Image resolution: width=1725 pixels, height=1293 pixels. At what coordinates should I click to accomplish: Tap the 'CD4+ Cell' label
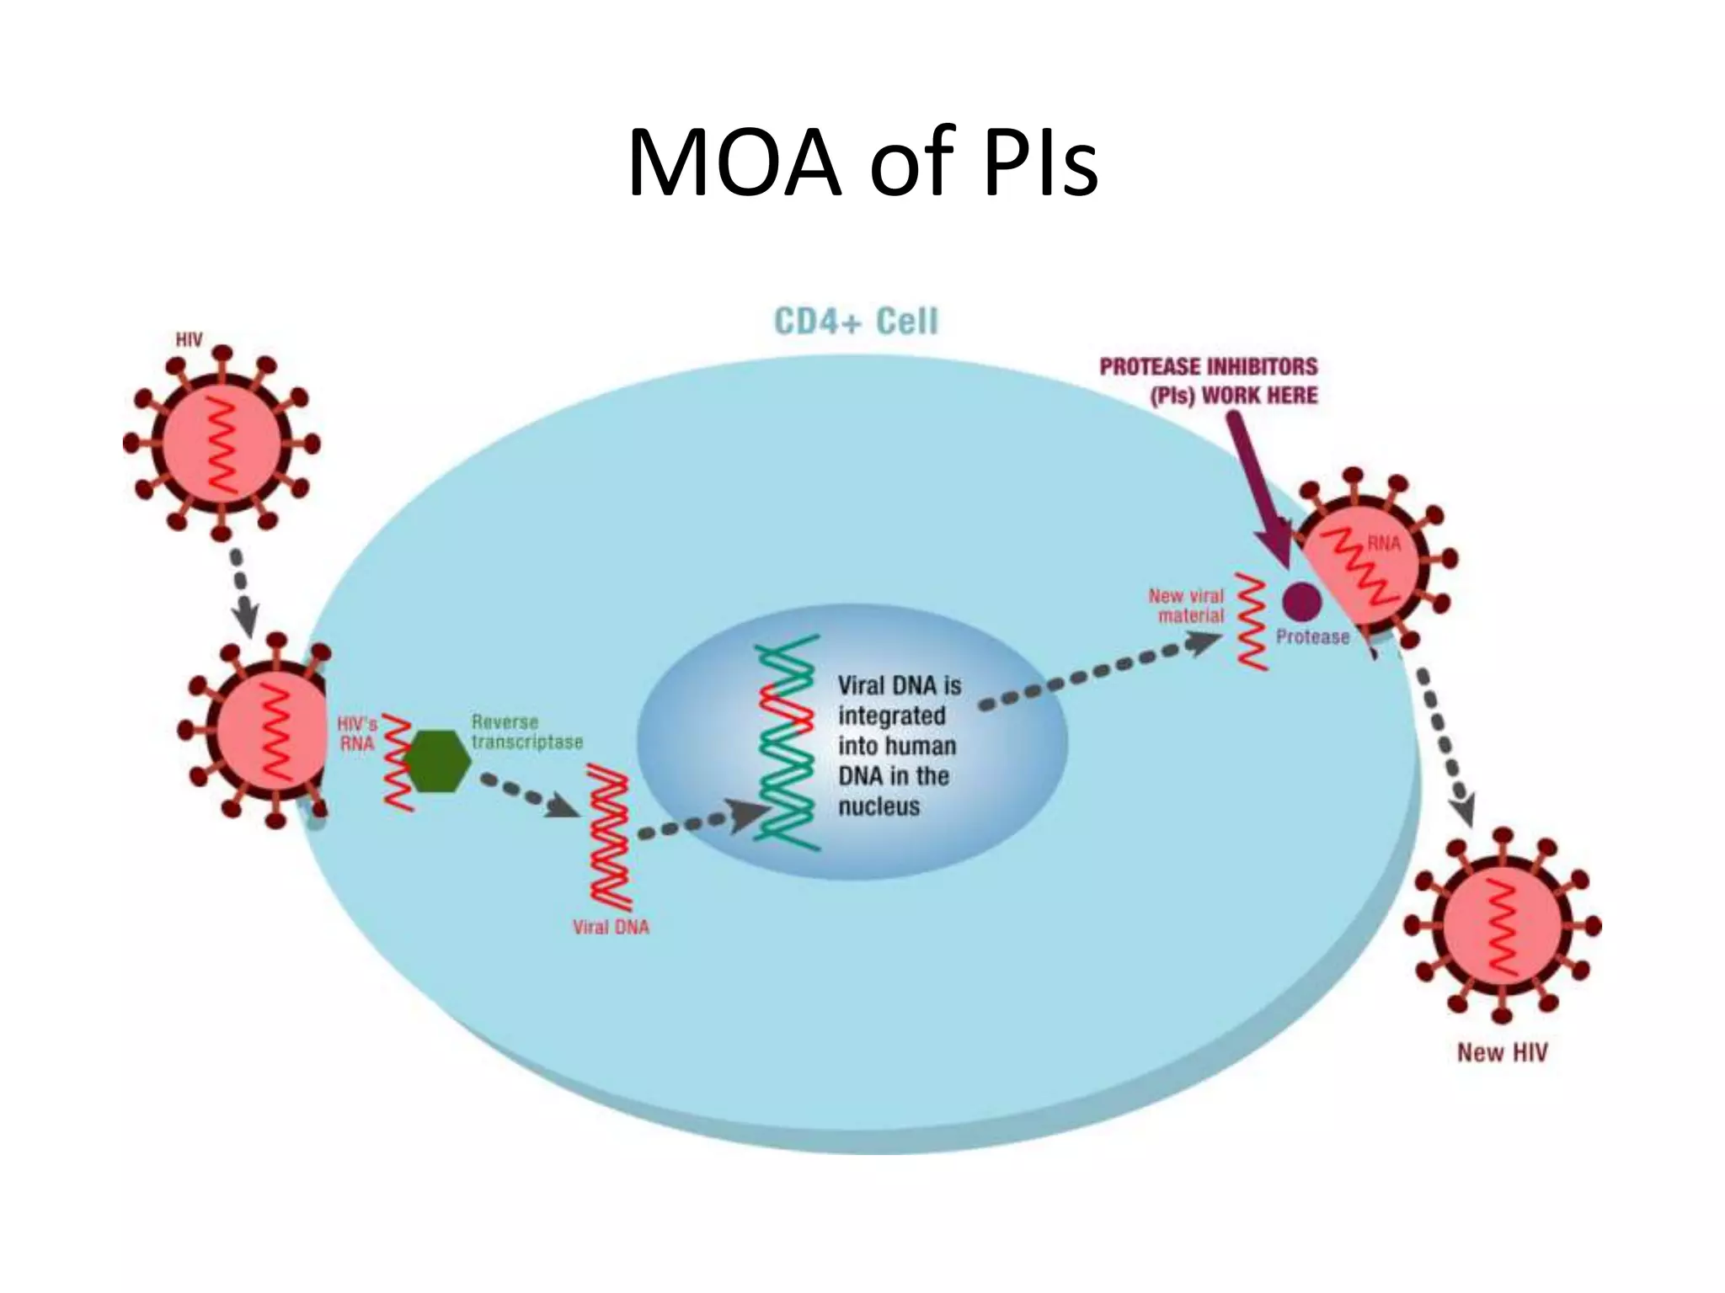(x=856, y=322)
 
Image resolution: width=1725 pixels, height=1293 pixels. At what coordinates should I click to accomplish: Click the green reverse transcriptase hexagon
(x=435, y=761)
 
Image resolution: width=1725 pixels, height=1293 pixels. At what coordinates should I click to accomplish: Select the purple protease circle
(x=1302, y=601)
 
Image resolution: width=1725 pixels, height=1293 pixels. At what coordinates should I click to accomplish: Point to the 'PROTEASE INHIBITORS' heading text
(x=1209, y=367)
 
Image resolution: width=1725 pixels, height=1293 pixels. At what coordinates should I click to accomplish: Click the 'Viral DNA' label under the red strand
(x=611, y=927)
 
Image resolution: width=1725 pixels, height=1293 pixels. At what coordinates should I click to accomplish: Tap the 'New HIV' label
(x=1502, y=1052)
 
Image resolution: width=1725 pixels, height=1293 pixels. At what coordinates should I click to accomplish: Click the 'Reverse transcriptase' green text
(x=526, y=732)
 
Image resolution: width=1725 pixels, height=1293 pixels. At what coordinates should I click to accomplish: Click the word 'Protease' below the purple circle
(x=1312, y=637)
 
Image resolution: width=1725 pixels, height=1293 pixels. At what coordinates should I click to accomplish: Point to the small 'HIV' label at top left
(x=189, y=339)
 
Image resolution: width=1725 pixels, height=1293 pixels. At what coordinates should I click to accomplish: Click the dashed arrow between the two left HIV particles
(x=242, y=593)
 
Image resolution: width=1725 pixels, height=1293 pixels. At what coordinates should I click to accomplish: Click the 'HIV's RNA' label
(x=357, y=734)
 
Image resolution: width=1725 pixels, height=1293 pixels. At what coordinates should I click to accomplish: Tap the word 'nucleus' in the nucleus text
(x=879, y=806)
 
